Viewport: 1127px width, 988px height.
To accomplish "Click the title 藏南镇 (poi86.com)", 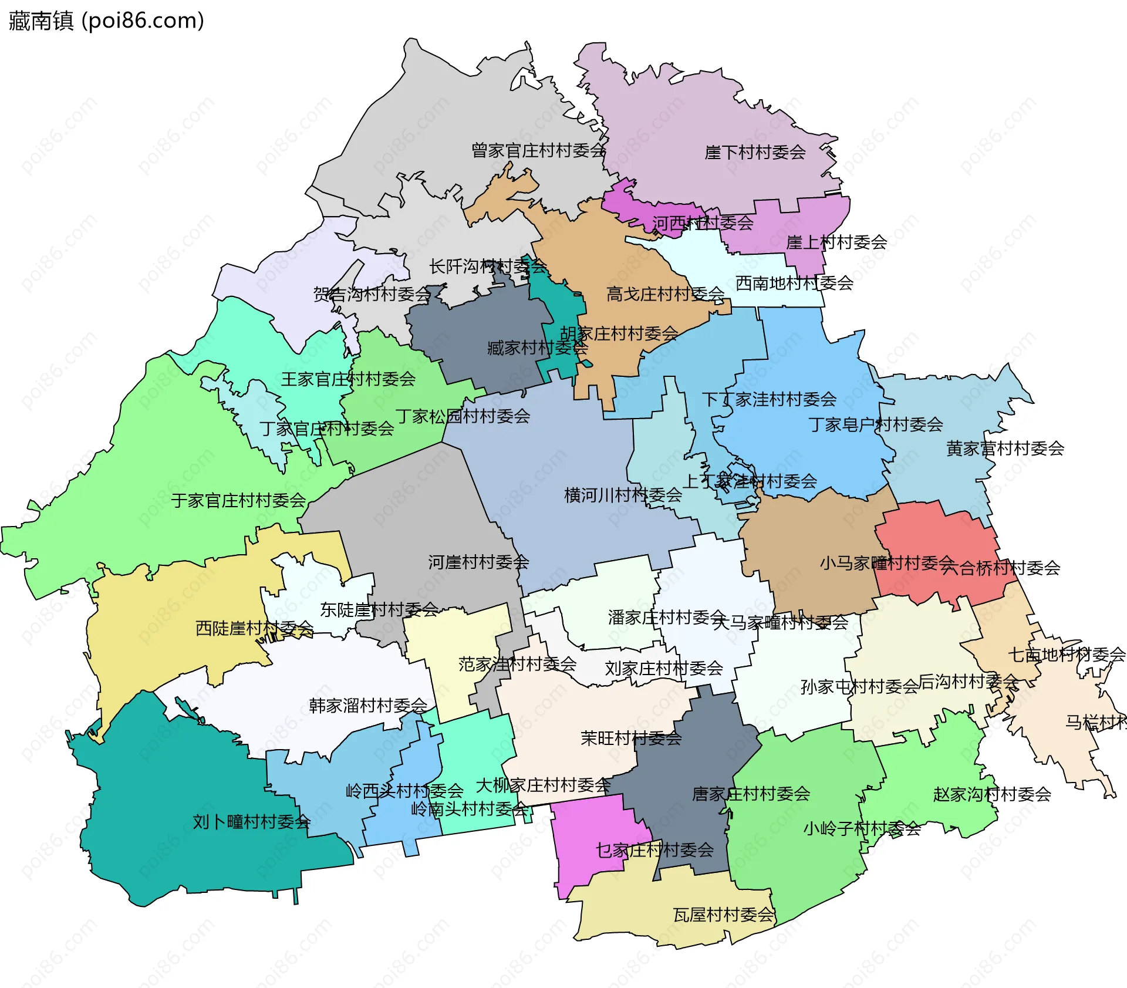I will point(106,21).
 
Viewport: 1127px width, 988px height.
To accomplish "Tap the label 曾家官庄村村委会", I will point(538,151).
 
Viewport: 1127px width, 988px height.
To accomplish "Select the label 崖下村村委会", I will point(755,153).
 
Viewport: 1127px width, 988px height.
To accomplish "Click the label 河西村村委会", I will point(703,223).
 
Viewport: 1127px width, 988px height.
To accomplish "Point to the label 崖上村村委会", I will point(836,242).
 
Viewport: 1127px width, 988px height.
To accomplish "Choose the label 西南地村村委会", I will point(794,284).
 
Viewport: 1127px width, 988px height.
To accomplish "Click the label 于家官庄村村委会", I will point(238,501).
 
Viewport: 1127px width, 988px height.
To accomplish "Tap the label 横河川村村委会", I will point(623,495).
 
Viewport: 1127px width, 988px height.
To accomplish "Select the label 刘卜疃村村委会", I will point(251,822).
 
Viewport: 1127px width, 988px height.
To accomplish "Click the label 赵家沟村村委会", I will point(992,795).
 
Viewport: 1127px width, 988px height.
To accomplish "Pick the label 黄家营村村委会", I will point(1005,449).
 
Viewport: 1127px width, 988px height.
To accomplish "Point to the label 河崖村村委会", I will point(478,562).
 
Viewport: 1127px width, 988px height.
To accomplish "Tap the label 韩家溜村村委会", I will point(368,706).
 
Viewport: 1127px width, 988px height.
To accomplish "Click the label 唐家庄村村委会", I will point(751,794).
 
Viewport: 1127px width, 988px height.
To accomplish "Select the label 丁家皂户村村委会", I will point(875,424).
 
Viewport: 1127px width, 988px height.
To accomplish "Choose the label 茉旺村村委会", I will point(631,739).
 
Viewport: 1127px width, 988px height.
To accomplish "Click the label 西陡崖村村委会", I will point(254,629).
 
